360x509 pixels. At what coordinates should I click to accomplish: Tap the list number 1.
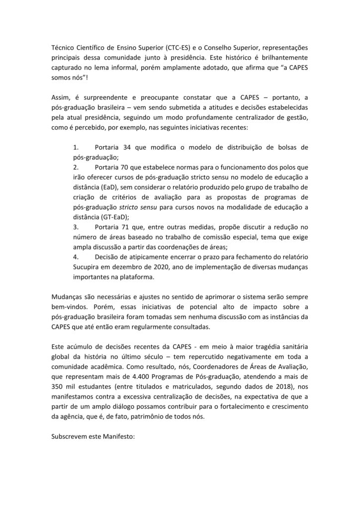(76, 148)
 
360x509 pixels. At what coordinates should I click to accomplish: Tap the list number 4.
(76, 258)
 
